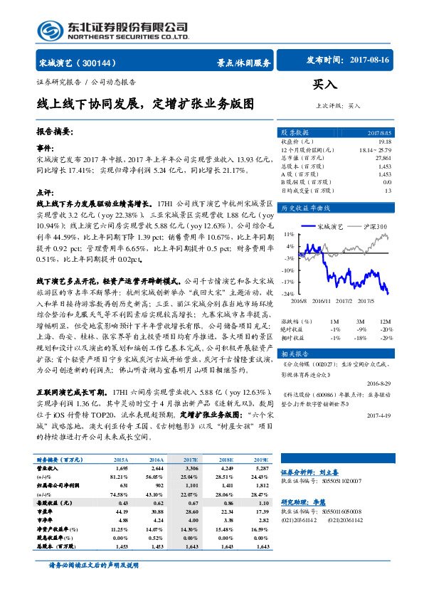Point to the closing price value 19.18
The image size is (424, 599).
(x=385, y=142)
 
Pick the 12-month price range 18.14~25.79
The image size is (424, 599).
(x=375, y=150)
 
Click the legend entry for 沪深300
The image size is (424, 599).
(x=371, y=226)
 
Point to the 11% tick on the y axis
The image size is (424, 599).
(x=289, y=233)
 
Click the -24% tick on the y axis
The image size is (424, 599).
(x=288, y=293)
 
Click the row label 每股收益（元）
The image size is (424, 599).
(x=53, y=483)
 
